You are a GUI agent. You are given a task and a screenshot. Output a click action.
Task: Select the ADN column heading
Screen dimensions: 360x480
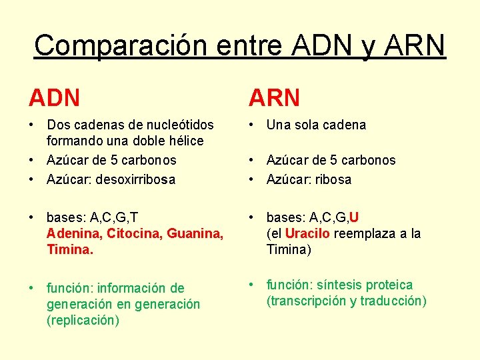tap(54, 99)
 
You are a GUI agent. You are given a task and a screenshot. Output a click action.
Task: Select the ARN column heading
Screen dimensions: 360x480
tap(274, 99)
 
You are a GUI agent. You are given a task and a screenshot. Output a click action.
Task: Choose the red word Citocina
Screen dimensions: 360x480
tap(134, 233)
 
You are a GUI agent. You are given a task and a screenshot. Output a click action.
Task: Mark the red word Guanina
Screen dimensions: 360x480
tap(195, 233)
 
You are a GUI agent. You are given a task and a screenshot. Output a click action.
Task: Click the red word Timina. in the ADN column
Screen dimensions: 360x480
tap(69, 249)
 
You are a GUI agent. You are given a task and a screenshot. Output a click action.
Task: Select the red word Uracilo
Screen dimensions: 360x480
tap(307, 233)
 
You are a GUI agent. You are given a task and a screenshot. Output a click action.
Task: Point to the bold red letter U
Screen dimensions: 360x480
tap(354, 217)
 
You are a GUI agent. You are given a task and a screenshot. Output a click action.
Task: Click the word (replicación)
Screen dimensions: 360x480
tap(83, 320)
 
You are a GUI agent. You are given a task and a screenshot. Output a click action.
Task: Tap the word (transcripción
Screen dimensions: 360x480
tap(307, 301)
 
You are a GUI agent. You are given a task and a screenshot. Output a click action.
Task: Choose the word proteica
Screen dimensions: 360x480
tap(389, 285)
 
